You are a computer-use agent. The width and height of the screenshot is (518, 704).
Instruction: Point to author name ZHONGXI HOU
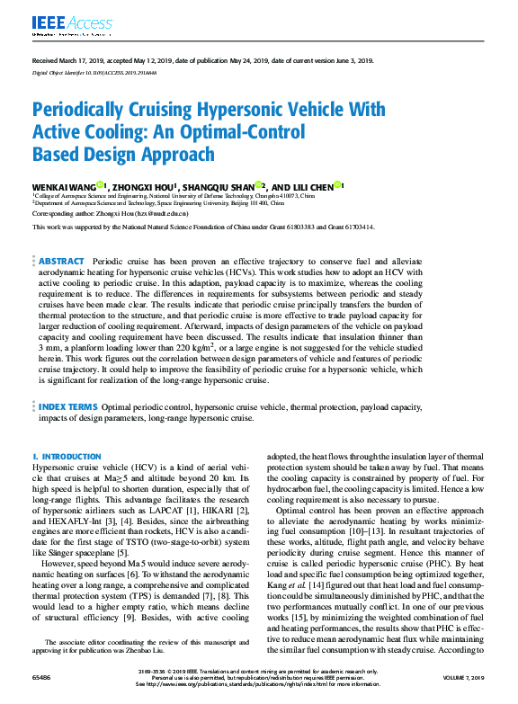pos(142,187)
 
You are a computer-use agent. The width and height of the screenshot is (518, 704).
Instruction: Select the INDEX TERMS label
pos(68,407)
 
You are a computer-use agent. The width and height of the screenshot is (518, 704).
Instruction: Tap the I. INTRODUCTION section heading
pos(67,457)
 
